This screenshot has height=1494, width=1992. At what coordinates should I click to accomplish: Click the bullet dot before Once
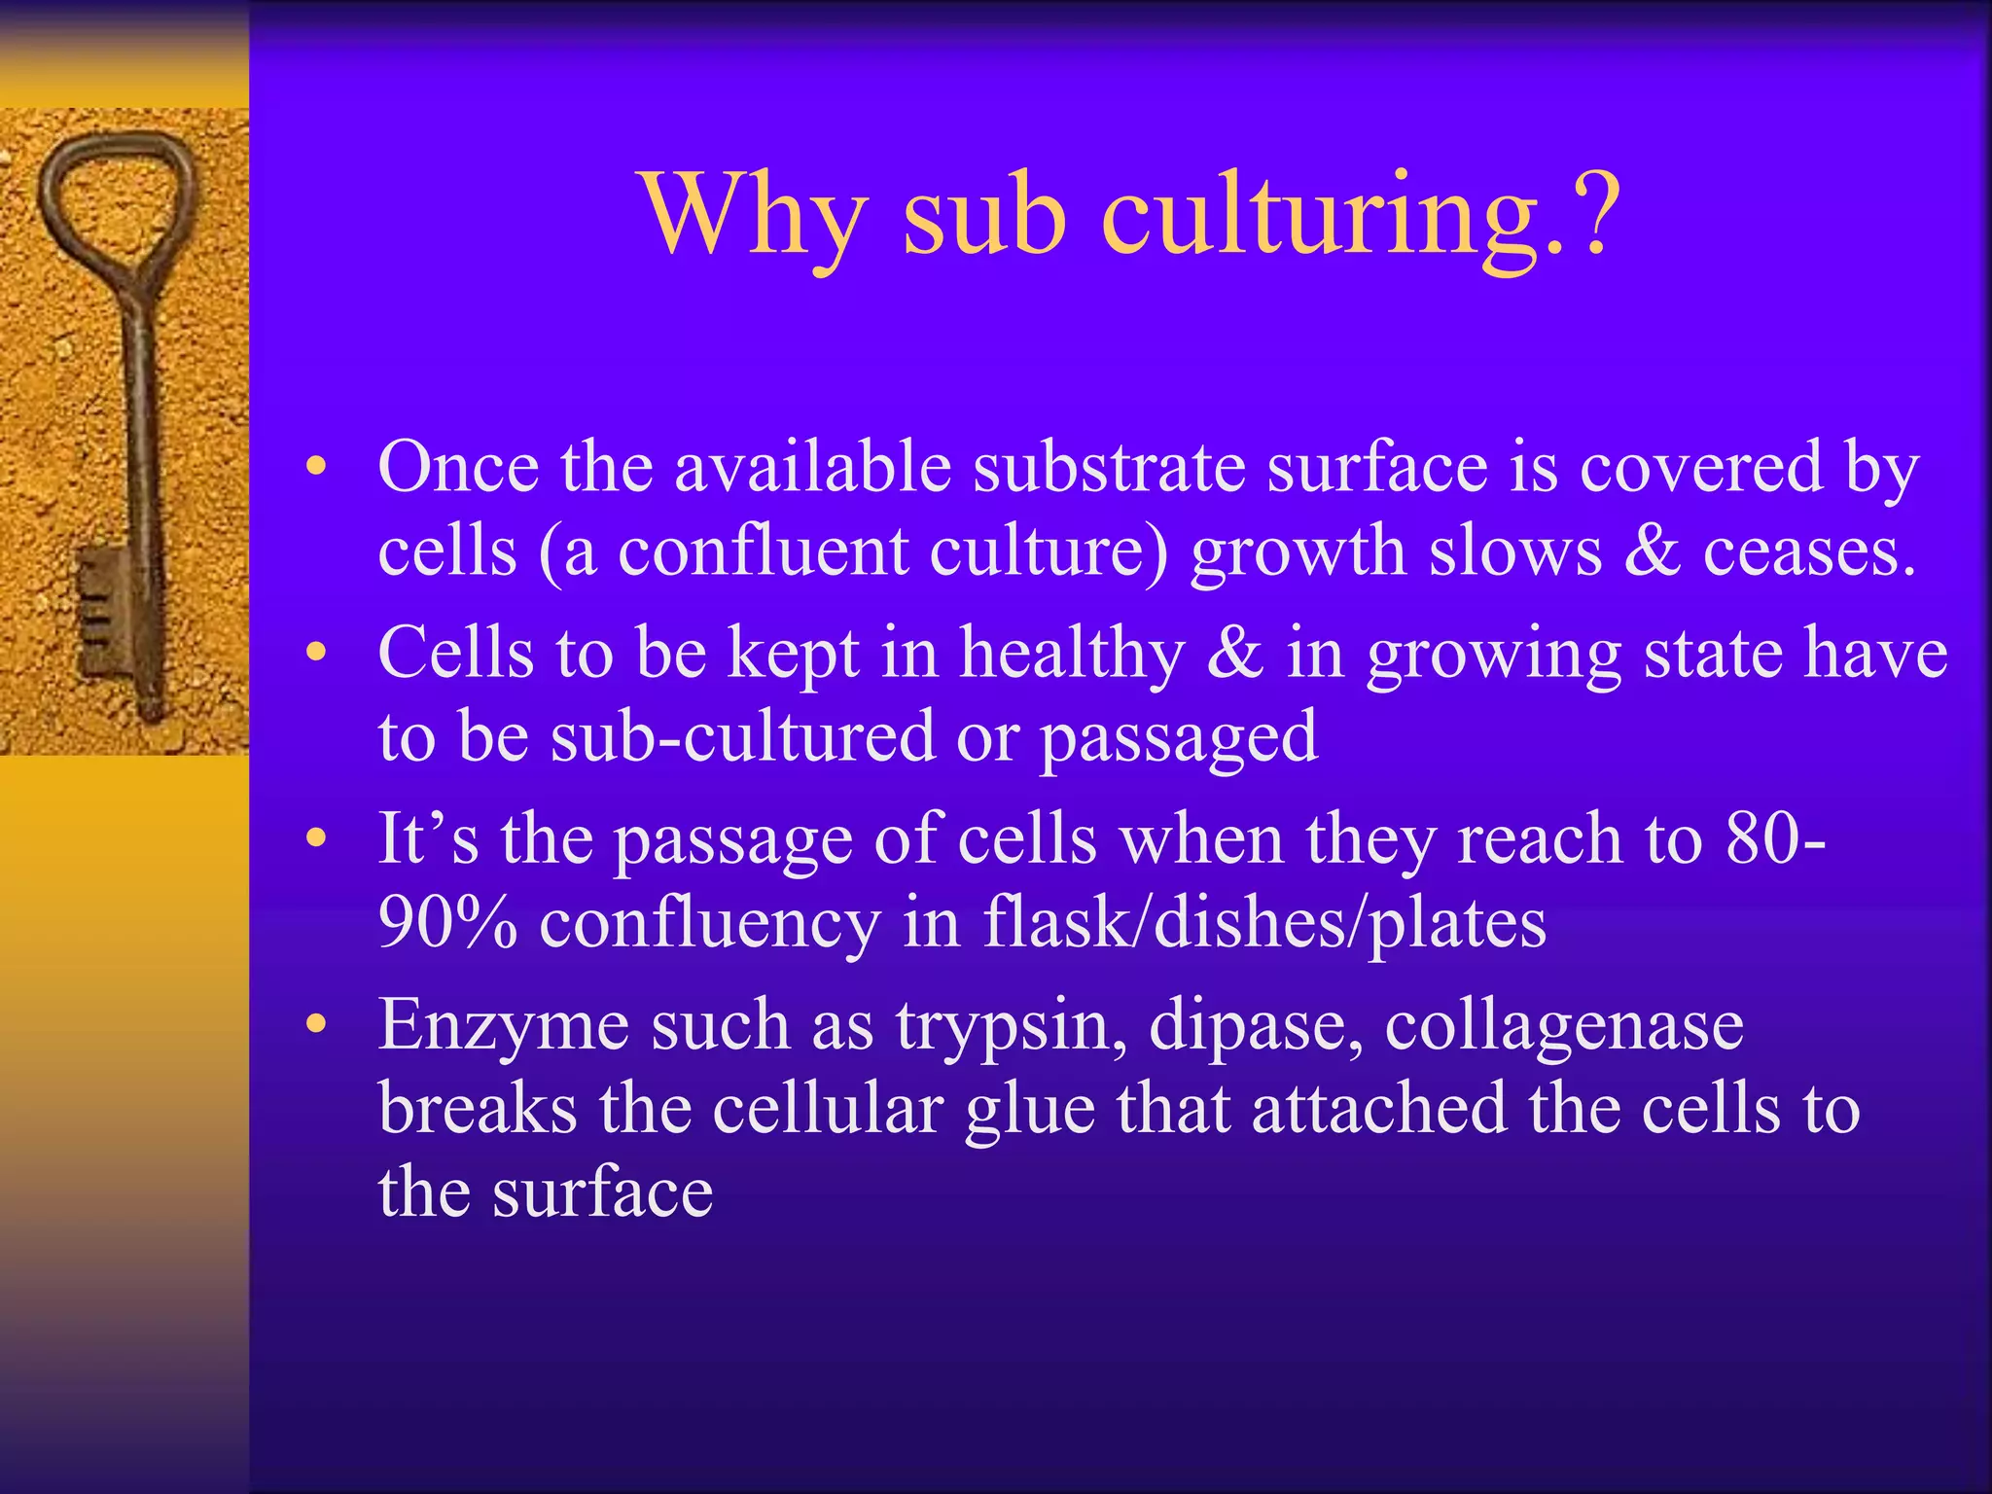point(313,469)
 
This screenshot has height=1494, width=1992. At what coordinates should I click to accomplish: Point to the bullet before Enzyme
point(313,1025)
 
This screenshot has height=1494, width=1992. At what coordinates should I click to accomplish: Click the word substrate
point(1110,467)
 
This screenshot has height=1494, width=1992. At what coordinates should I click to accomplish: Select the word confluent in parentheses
point(763,552)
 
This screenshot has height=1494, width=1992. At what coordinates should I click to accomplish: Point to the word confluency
point(710,924)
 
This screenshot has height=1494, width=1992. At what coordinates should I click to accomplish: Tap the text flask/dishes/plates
point(1263,924)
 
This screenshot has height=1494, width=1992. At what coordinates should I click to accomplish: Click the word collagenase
point(1563,1025)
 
